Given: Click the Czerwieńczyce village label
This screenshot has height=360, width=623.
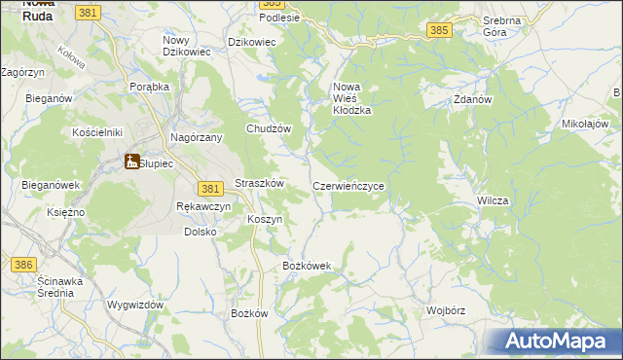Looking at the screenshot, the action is click(353, 185).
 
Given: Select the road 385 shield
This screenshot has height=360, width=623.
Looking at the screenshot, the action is click(439, 30).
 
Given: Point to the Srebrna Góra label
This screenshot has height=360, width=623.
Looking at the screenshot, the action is click(502, 25).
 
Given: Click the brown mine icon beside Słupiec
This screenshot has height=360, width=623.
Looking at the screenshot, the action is click(131, 162).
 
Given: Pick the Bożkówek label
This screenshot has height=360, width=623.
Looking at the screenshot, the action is click(307, 266).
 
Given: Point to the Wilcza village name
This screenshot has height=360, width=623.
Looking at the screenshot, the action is click(493, 199).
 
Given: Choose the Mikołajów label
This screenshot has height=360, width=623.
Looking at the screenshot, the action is click(585, 125).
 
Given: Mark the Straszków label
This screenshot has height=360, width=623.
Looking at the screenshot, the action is click(259, 183).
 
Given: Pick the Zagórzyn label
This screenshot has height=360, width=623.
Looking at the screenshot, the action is click(23, 72).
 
